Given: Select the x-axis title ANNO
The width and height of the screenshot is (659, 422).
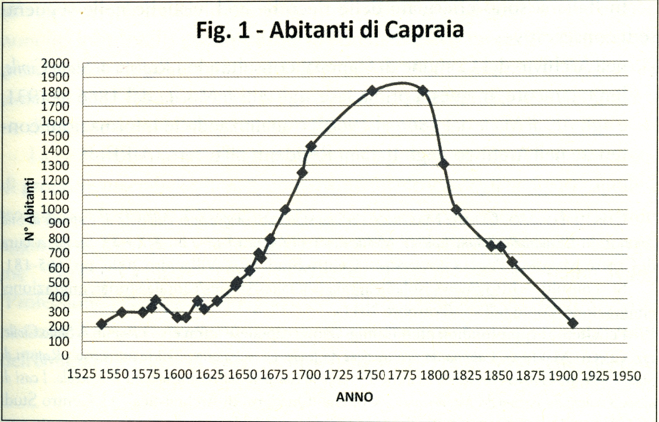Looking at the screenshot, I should pyautogui.click(x=355, y=397).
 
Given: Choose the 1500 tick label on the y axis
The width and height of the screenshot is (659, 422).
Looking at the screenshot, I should pyautogui.click(x=55, y=136).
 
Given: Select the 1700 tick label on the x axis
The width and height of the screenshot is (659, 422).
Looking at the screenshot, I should pyautogui.click(x=306, y=375).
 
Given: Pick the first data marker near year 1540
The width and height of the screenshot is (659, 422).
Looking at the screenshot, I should pyautogui.click(x=102, y=324).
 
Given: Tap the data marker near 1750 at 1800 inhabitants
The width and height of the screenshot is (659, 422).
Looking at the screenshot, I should pyautogui.click(x=372, y=91).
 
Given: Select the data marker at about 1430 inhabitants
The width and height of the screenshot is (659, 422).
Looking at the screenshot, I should pyautogui.click(x=311, y=146).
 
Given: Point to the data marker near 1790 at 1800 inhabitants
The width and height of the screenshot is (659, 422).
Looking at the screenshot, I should pyautogui.click(x=423, y=90).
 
